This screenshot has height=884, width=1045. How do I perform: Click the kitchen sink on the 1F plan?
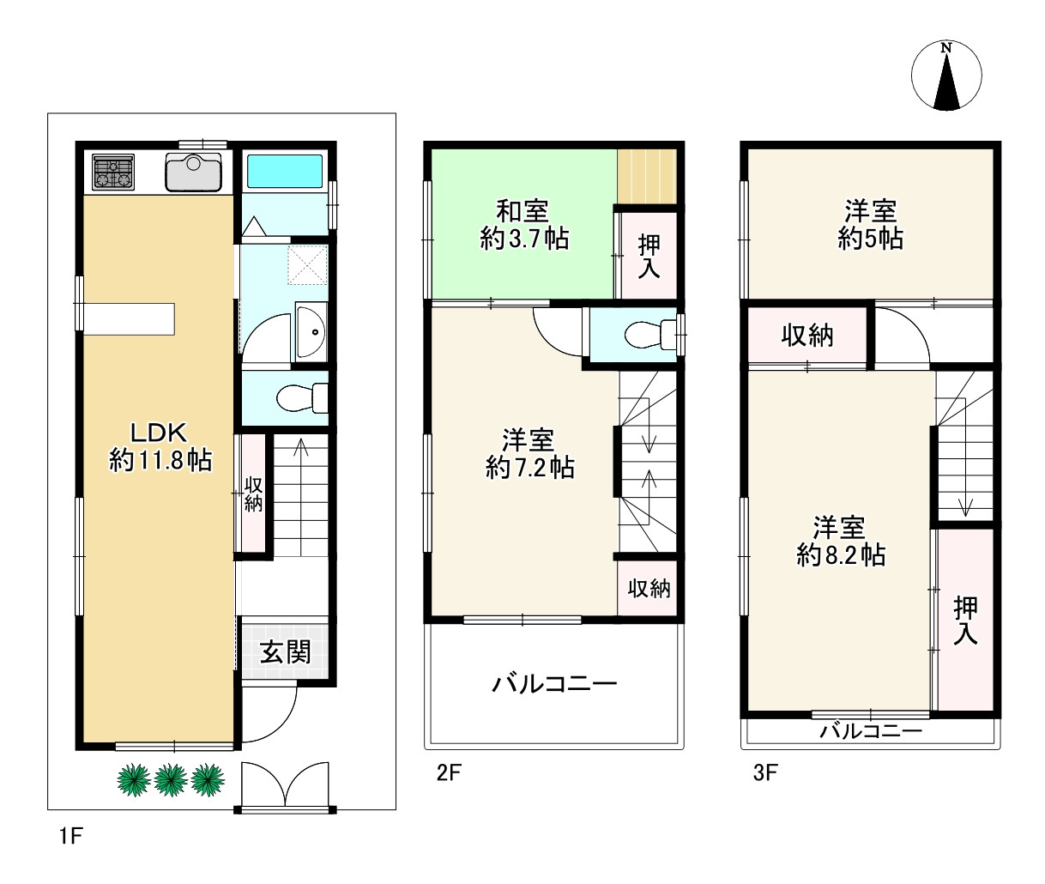(194, 173)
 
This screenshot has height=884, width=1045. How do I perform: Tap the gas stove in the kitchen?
(113, 172)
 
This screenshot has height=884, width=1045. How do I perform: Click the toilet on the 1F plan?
(302, 397)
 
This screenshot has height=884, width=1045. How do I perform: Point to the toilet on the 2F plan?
(650, 334)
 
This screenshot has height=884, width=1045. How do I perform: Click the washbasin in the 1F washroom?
(311, 331)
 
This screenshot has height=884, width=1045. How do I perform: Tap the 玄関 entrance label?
(285, 652)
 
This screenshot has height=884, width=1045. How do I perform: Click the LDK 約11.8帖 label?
(160, 446)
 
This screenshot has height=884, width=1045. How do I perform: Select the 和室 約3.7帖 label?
(523, 225)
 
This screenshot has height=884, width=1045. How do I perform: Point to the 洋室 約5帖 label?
(870, 225)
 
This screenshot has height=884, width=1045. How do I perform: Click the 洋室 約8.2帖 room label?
(840, 541)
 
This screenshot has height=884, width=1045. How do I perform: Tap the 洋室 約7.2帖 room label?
(529, 454)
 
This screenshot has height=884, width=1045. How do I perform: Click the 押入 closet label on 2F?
(649, 257)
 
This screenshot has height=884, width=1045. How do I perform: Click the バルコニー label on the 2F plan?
(554, 685)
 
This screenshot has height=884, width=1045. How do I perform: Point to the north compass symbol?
(946, 75)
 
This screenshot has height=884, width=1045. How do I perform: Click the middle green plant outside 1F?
(172, 779)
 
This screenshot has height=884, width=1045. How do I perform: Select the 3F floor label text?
(765, 772)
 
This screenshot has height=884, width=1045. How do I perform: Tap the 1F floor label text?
(70, 836)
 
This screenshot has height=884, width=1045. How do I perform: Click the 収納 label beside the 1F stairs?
(253, 494)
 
